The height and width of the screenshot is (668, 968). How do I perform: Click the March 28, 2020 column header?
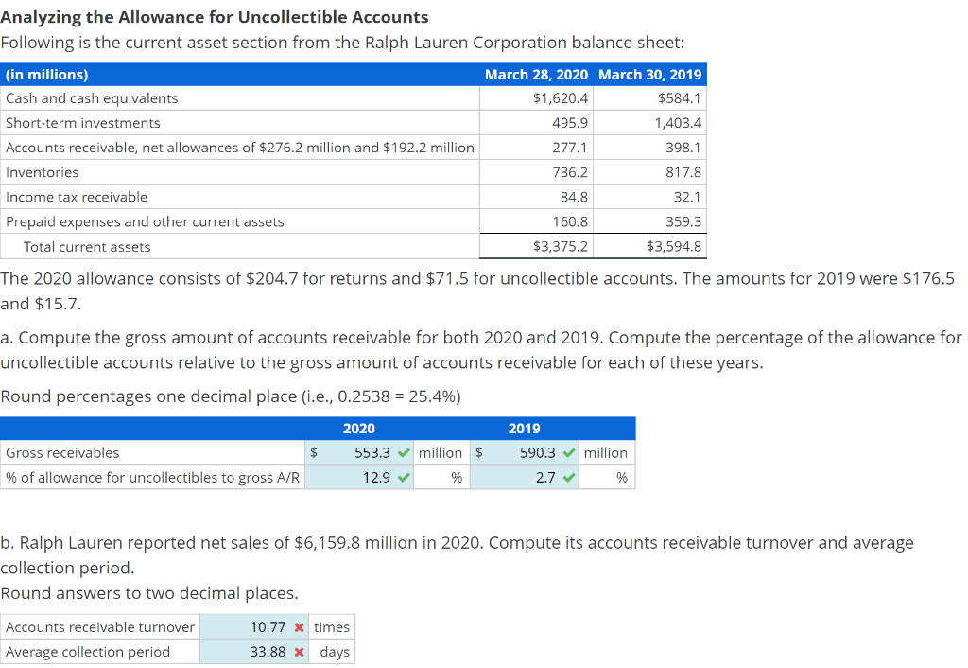coord(535,75)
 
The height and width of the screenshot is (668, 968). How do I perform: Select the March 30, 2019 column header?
coord(650,75)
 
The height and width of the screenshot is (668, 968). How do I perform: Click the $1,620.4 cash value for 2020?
coord(561,98)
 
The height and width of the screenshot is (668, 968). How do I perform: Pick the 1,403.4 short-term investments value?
coord(678,123)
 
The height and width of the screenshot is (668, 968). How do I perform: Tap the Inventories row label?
coord(43,172)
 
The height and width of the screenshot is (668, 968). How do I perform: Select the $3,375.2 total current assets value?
coord(561,247)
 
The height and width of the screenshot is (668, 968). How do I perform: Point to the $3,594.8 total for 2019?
coord(674,247)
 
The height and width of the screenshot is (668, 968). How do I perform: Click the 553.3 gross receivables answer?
coord(372,453)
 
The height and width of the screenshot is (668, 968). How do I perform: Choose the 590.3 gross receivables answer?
coord(538,453)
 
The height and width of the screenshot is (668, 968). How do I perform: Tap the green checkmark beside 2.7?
coord(569,478)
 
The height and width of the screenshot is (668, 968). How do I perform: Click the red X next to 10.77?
coord(299,627)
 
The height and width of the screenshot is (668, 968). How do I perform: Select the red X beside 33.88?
coord(299,652)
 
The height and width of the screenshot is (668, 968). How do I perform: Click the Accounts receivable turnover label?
coord(100,627)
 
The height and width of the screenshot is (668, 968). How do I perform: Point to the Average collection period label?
coord(88,652)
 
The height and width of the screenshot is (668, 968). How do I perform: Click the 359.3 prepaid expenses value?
coord(683,221)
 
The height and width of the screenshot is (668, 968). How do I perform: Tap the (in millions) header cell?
coord(47,75)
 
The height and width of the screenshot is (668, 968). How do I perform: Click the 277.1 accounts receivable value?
coord(570,148)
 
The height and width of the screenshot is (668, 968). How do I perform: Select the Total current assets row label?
coord(87,247)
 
